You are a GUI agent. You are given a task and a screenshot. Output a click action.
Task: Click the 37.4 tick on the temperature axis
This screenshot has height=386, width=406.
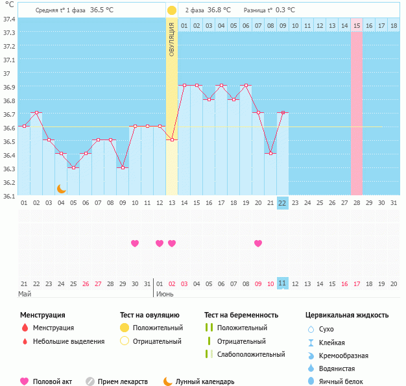(9, 19)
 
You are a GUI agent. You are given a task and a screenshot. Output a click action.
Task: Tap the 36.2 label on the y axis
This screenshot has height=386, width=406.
(9, 182)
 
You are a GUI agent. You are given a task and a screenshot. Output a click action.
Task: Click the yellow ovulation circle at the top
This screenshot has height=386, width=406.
(171, 10)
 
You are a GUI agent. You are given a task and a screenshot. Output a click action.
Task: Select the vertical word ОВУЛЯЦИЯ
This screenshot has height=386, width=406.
(172, 39)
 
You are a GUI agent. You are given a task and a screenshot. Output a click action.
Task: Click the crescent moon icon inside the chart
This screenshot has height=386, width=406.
(62, 188)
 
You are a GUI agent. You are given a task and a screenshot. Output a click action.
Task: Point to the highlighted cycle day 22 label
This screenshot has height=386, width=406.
(282, 202)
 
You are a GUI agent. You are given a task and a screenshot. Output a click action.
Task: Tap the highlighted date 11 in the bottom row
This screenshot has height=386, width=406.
(282, 283)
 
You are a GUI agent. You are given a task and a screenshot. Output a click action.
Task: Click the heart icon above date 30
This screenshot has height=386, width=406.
(135, 243)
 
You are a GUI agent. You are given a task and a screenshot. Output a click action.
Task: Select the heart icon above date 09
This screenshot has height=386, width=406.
(258, 243)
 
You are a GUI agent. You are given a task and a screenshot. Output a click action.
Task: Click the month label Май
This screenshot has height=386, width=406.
(25, 294)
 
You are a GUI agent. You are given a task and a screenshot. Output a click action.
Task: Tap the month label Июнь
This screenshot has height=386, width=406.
(165, 294)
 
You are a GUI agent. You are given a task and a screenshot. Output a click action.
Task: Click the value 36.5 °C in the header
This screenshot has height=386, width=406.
(102, 10)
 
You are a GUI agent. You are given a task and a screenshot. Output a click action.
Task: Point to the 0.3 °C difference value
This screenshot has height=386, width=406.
(284, 10)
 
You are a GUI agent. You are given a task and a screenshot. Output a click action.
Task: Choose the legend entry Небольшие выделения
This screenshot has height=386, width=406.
(69, 341)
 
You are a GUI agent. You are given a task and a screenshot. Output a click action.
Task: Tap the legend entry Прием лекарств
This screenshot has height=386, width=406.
(123, 381)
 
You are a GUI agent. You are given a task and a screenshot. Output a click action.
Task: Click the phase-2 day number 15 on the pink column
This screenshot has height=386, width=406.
(357, 25)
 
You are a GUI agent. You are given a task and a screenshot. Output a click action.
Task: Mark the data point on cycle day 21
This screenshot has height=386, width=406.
(270, 153)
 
